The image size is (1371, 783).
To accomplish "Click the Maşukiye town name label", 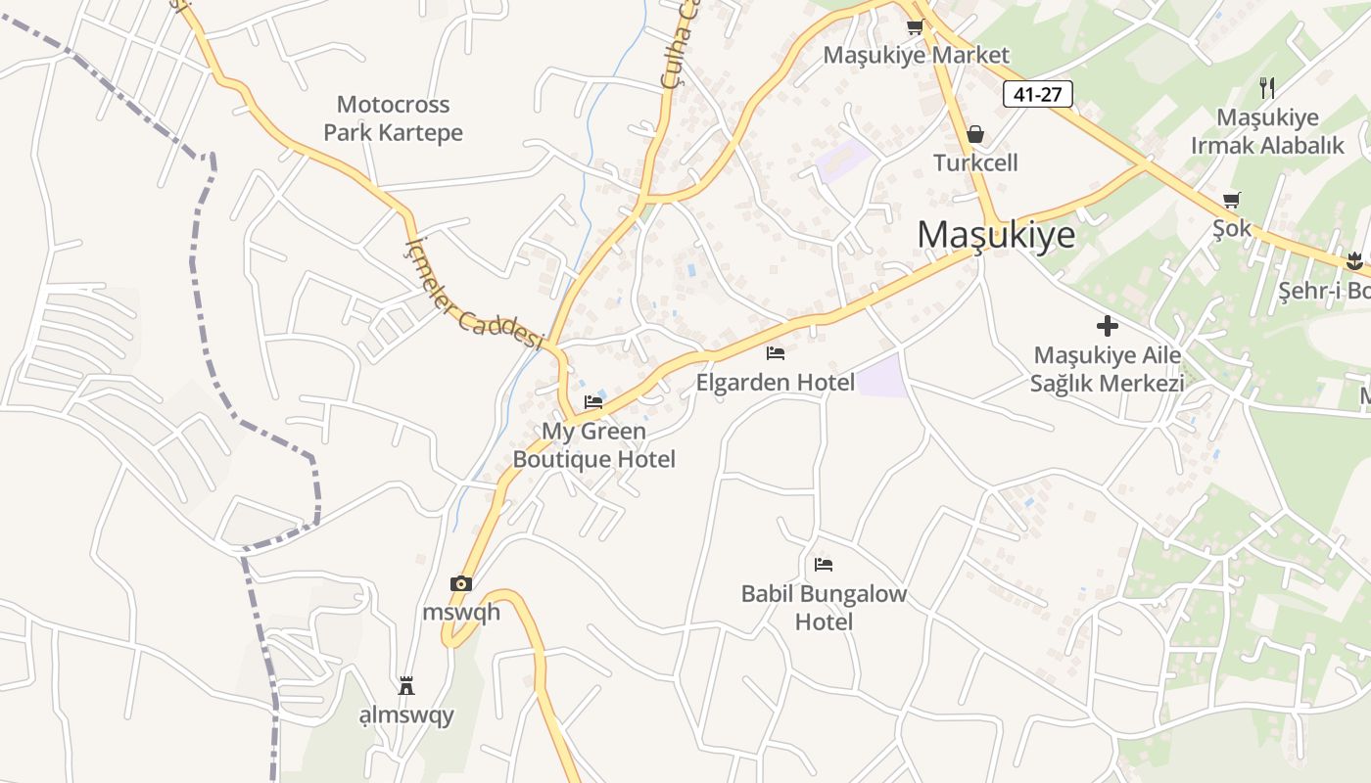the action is click(x=995, y=235).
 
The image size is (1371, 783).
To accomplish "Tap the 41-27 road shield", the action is click(x=1037, y=94).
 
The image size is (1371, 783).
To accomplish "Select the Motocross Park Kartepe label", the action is click(x=393, y=118).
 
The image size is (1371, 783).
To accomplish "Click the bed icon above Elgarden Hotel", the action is click(x=776, y=353).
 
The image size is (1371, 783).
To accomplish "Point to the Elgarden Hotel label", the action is click(x=775, y=382).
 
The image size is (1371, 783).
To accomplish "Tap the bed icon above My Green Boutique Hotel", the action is click(x=593, y=401).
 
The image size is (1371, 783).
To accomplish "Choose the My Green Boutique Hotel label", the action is click(x=593, y=445).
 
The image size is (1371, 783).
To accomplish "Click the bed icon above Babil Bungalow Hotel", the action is click(x=824, y=565).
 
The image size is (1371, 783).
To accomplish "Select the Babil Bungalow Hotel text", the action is click(x=824, y=608).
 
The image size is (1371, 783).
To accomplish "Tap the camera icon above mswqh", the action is click(x=461, y=584).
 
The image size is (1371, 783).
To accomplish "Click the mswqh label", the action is click(x=461, y=613).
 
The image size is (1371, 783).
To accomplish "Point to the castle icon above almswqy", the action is click(x=406, y=685).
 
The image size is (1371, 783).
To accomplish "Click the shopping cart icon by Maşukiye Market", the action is click(x=915, y=27).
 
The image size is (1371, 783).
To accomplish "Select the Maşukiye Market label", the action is click(x=916, y=55).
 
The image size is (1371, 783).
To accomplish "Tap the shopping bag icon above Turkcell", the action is click(x=975, y=134).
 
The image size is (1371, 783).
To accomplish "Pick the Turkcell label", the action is click(x=975, y=162).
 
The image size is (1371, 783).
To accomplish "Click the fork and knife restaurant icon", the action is click(x=1267, y=88).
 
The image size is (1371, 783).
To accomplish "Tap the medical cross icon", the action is click(x=1108, y=326).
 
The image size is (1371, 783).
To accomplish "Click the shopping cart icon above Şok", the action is click(x=1232, y=201).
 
